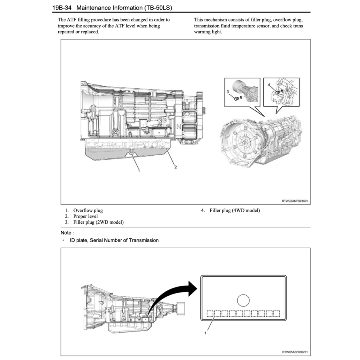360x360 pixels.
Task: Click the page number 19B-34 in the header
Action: (62, 7)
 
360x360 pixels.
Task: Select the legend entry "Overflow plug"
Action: (88, 211)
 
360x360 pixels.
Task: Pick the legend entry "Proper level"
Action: (85, 216)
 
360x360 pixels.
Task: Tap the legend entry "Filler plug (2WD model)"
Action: (98, 222)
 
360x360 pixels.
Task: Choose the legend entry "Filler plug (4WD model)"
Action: (234, 211)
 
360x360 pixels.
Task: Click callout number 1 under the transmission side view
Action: (139, 171)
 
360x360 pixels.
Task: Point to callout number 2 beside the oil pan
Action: (175, 167)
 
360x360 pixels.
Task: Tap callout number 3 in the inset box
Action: (228, 92)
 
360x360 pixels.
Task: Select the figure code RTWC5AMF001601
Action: (295, 201)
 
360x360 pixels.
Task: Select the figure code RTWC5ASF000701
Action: (295, 352)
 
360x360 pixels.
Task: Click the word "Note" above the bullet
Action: (66, 233)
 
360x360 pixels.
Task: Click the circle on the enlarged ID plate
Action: (243, 300)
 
